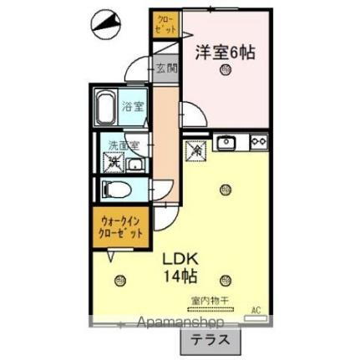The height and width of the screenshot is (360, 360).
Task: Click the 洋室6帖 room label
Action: point(225,52)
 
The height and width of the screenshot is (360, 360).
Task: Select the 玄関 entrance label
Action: point(165,69)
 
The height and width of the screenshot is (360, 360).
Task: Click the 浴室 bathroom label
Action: point(132,106)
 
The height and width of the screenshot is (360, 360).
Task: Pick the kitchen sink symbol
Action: point(226,142)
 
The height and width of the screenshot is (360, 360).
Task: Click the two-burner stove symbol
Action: point(256,142)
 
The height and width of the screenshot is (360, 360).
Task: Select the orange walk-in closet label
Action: point(121,227)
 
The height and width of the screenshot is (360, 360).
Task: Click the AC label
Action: point(256,310)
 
